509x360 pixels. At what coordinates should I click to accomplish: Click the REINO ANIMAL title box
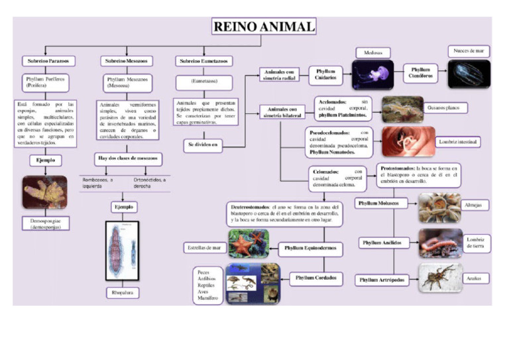pyautogui.click(x=264, y=27)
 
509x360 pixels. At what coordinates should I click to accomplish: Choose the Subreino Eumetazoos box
pyautogui.click(x=204, y=61)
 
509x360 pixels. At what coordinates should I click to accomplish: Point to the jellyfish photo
pyautogui.click(x=373, y=74)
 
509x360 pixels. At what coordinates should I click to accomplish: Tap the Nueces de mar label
pyautogui.click(x=469, y=51)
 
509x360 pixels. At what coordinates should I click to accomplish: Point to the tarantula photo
pyautogui.click(x=440, y=278)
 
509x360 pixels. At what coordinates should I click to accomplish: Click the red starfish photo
pyautogui.click(x=248, y=244)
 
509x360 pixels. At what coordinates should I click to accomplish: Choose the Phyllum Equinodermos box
pyautogui.click(x=311, y=249)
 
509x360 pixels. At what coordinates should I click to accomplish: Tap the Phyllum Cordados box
pyautogui.click(x=316, y=278)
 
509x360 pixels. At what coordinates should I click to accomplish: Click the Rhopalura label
pyautogui.click(x=123, y=292)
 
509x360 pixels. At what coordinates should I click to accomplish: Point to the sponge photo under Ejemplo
pyautogui.click(x=44, y=192)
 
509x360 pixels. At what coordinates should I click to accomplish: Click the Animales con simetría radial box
pyautogui.click(x=280, y=74)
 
